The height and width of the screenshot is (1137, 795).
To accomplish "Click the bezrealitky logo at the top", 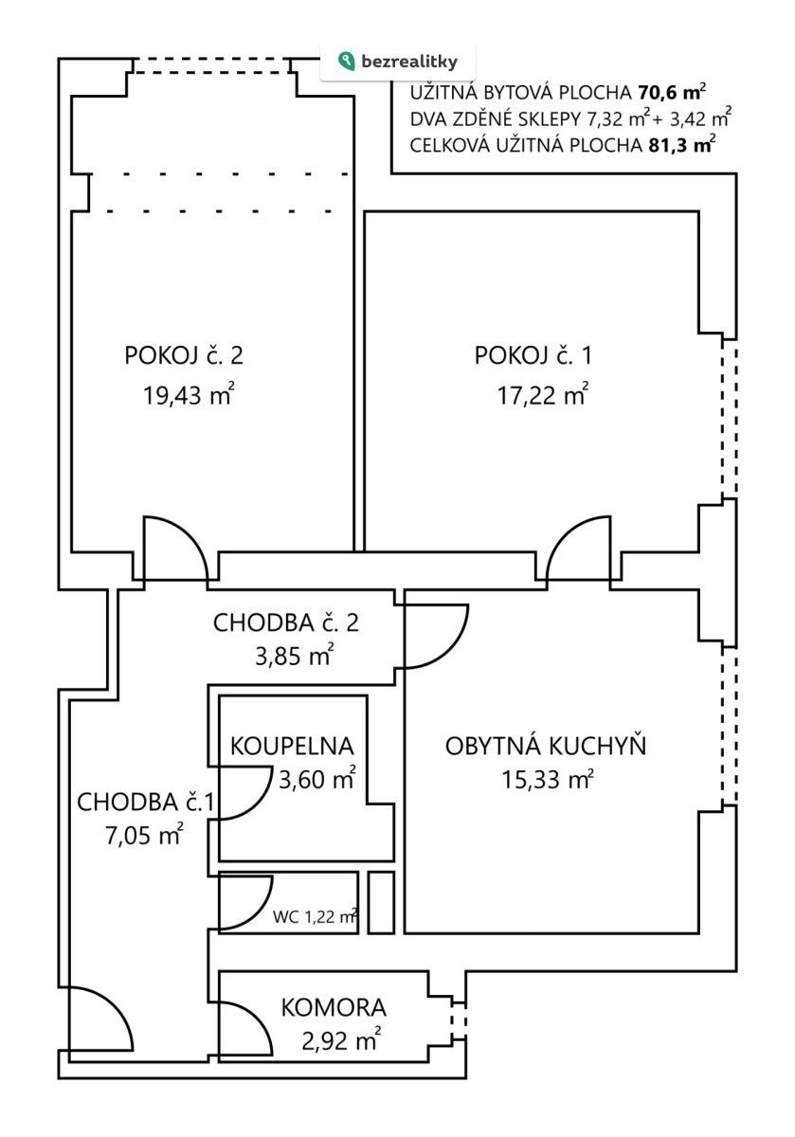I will pyautogui.click(x=398, y=62).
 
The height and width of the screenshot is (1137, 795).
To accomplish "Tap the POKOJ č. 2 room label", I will pyautogui.click(x=184, y=356).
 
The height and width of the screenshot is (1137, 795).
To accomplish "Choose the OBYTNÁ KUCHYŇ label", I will pyautogui.click(x=546, y=746).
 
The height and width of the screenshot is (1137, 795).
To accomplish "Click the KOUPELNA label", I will pyautogui.click(x=292, y=746).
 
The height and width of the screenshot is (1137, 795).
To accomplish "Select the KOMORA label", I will pyautogui.click(x=334, y=1007).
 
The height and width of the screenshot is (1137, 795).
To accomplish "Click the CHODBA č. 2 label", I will pyautogui.click(x=285, y=623).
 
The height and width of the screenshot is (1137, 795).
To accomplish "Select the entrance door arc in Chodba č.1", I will pyautogui.click(x=99, y=1019).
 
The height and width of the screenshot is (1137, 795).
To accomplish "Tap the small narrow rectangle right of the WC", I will pyautogui.click(x=381, y=902).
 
